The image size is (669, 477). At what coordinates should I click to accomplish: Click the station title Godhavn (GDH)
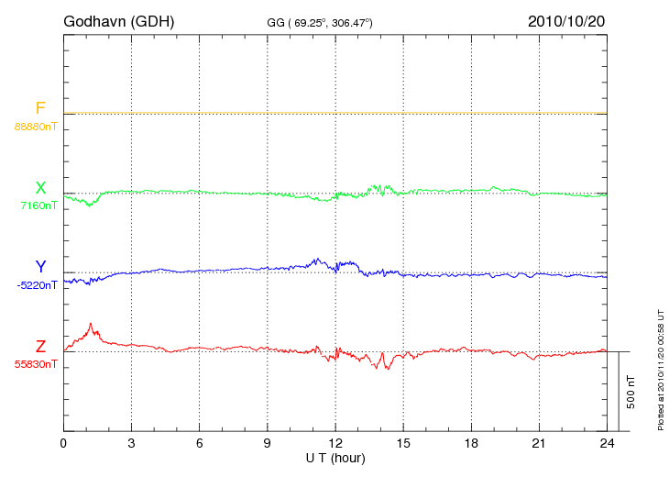pos(119,20)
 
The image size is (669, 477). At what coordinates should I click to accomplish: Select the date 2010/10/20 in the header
pos(566,20)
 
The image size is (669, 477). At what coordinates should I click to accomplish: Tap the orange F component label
pos(40,108)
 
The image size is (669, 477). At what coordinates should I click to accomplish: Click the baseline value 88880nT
pos(36,126)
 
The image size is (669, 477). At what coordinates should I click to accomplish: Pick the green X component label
pos(40,188)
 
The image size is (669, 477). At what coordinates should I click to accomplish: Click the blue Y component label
pos(40,267)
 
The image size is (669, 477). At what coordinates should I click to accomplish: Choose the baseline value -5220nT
pos(37,284)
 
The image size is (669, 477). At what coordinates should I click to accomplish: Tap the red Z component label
pos(40,346)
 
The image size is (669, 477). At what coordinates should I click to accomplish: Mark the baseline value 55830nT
pos(36,364)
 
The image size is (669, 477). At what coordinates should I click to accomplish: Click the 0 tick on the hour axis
pos(63,443)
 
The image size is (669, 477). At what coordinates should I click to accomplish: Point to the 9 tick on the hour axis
pos(268,443)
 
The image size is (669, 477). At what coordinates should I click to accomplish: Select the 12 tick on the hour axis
pos(335,443)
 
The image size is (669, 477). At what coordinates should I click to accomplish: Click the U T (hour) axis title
pos(335,457)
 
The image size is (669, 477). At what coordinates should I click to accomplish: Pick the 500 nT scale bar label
pos(631,392)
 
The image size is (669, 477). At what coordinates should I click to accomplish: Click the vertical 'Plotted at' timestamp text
pos(661,367)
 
